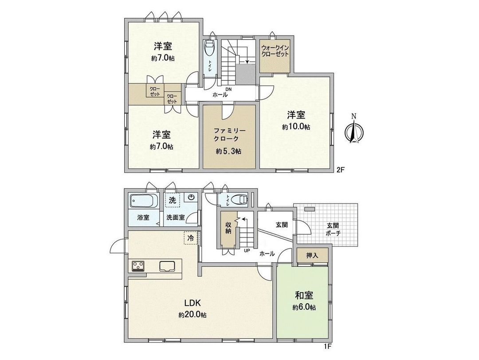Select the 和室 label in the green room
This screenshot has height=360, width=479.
304,295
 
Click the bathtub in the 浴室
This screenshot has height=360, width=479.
144,202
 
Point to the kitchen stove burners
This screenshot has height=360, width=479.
138,266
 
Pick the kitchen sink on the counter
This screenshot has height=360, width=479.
168,267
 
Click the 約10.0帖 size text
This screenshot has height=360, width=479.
296,127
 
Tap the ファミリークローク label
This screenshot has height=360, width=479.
229,135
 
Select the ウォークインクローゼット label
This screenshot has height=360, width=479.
275,50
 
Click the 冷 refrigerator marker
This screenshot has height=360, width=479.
191,238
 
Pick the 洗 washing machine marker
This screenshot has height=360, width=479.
172,200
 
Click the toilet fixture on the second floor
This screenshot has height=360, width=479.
208,47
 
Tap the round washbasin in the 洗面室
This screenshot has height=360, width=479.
192,198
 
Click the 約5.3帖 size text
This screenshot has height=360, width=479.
229,151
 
